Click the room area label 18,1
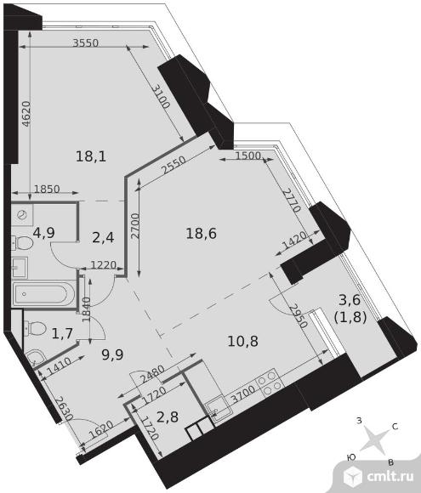pyautogui.click(x=91, y=156)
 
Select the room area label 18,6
pyautogui.click(x=202, y=234)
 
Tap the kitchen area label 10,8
pyautogui.click(x=243, y=341)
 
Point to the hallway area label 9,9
pyautogui.click(x=112, y=355)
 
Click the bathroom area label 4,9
pyautogui.click(x=44, y=233)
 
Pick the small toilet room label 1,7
pyautogui.click(x=62, y=333)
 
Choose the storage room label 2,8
pyautogui.click(x=168, y=416)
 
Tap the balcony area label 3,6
pyautogui.click(x=350, y=300)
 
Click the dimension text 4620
pyautogui.click(x=26, y=114)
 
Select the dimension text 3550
pyautogui.click(x=86, y=42)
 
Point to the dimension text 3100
pyautogui.click(x=162, y=97)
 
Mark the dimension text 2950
pyautogui.click(x=299, y=316)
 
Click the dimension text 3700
pyautogui.click(x=242, y=394)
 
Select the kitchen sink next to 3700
pyautogui.click(x=218, y=408)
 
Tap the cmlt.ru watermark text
pyautogui.click(x=390, y=476)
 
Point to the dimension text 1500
pyautogui.click(x=248, y=156)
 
